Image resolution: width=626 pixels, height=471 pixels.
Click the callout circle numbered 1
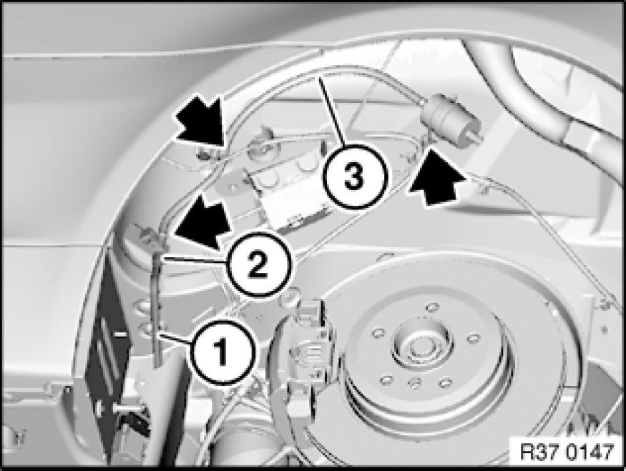(222, 352)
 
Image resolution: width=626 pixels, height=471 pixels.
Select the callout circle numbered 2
(258, 265)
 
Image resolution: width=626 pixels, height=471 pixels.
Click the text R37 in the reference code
(539, 452)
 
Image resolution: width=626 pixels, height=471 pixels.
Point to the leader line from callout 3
(332, 111)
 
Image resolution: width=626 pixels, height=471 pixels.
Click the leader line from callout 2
(195, 259)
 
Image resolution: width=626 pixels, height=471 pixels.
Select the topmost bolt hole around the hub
(431, 307)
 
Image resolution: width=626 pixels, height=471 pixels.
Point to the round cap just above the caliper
(292, 296)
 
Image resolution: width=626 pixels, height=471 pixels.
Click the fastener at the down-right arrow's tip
(204, 152)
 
